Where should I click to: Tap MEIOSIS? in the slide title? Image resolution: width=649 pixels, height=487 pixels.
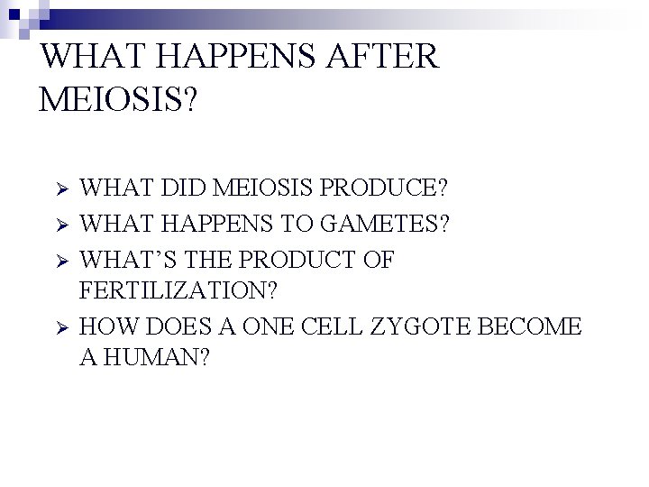click(x=116, y=97)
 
